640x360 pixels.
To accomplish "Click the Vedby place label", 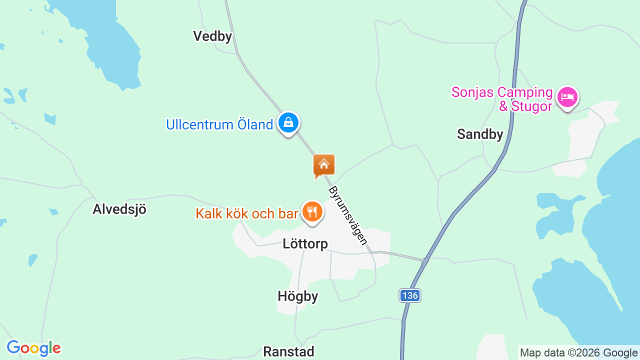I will pos(212,36).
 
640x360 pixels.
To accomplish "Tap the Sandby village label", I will pos(480,134).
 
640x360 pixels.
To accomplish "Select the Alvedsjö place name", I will pos(119,209).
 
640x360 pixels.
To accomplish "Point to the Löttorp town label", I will pos(305,244).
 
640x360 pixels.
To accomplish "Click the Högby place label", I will pos(298,296).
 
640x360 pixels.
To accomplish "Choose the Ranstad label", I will pos(288,351).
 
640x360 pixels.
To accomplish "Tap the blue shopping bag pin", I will pos(288,122).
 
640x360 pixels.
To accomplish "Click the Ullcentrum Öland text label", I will pos(219,124).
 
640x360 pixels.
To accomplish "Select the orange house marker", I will pos(323,165).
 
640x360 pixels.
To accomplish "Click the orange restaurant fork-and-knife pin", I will pos(312,212).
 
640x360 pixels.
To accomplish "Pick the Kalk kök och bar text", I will pos(246,214).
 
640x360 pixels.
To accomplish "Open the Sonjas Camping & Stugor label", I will pos(502,99).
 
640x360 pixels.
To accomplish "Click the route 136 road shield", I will pos(409,295).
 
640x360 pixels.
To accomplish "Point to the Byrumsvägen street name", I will pos(348,215).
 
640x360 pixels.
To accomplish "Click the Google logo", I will pos(33,348).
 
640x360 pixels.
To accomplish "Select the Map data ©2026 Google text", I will pos(579,352).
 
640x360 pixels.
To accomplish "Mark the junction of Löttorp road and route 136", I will pos(425,260).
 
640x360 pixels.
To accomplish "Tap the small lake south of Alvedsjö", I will pos(32,260).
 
